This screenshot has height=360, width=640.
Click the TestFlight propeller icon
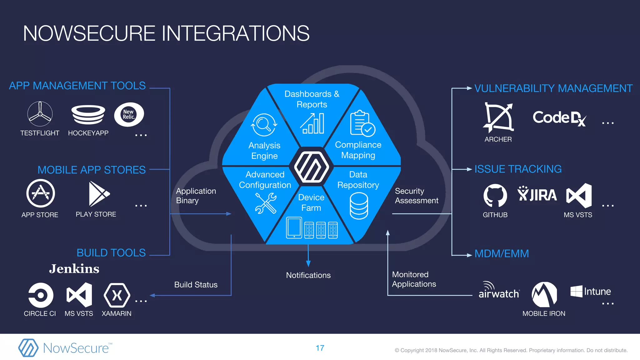40,114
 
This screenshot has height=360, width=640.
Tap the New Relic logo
129,114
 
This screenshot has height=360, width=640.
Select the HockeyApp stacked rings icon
88,114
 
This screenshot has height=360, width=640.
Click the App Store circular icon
40,193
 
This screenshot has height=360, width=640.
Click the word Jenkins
74,269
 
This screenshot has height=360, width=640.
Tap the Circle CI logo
41,295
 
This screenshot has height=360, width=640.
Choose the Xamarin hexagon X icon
117,295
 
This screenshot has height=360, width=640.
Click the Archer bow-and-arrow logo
498,117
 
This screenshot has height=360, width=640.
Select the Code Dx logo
559,118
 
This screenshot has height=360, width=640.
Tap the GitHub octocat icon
495,196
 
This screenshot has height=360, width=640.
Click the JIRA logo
537,194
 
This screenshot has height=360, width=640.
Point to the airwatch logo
499,291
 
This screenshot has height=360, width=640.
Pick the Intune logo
590,292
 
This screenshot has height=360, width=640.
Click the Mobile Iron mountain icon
544,295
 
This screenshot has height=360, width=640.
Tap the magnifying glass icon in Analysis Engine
264,125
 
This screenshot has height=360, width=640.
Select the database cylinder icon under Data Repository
359,206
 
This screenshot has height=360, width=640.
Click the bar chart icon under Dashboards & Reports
312,124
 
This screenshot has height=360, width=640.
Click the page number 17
320,348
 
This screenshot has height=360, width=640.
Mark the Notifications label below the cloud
308,275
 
